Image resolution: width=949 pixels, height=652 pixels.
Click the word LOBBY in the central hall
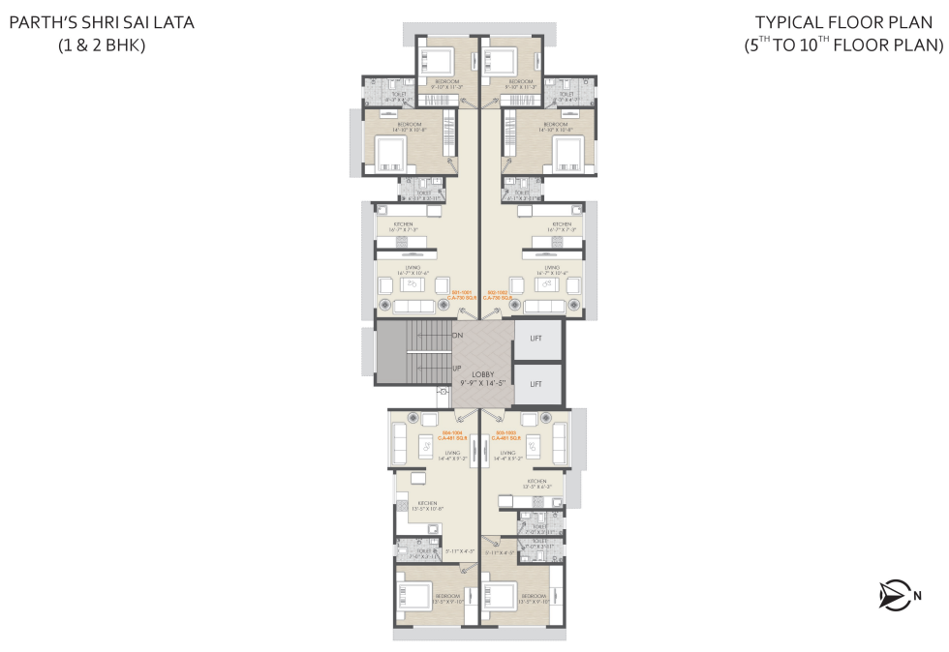point(484,374)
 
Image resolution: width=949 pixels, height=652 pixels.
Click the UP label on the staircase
point(456,368)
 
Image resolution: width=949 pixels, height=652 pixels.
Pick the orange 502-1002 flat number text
point(498,289)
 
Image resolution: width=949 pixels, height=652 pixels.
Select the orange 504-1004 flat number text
point(455,433)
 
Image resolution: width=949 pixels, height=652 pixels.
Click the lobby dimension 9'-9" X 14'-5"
point(484,384)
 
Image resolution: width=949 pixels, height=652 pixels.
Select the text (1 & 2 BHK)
point(102,44)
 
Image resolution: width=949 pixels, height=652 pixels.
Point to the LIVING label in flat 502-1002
point(552,267)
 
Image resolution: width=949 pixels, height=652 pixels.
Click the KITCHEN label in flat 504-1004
point(427,502)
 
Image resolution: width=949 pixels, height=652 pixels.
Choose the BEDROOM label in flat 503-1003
point(534,595)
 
